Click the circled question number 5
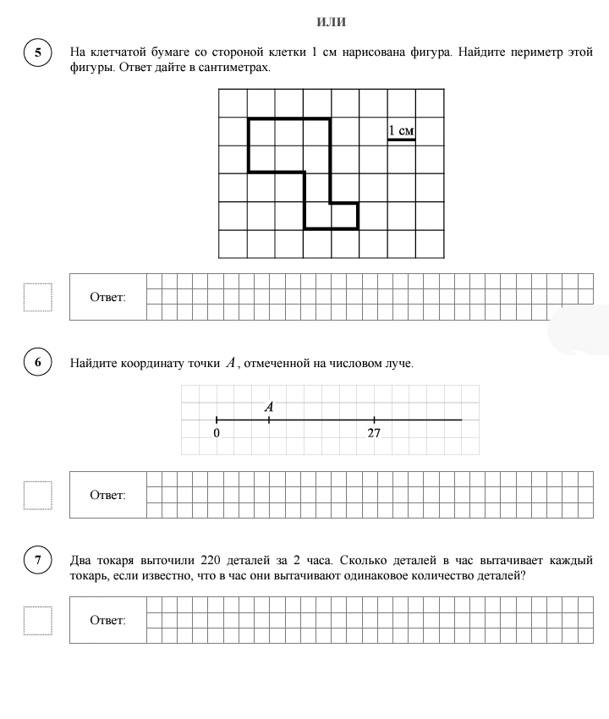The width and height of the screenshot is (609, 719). click(x=37, y=52)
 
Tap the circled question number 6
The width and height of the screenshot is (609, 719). click(x=37, y=364)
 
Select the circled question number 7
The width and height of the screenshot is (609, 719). click(x=37, y=560)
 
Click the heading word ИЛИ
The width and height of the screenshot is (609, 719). click(x=331, y=22)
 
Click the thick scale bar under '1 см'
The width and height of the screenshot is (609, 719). click(x=401, y=140)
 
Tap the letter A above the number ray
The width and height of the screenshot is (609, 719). click(x=269, y=407)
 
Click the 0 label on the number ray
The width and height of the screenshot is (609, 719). click(x=217, y=433)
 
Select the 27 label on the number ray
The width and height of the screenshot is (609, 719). click(x=374, y=433)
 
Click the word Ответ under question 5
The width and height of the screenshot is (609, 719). click(x=107, y=297)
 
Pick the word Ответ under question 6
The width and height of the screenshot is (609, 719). click(x=107, y=495)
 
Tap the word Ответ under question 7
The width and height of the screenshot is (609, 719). click(x=107, y=620)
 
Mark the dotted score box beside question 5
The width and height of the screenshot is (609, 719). click(x=38, y=297)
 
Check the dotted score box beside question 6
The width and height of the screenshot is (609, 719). click(x=38, y=495)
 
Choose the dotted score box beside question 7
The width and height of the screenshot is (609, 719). click(x=38, y=620)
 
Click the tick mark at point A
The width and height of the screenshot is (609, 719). click(x=269, y=420)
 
